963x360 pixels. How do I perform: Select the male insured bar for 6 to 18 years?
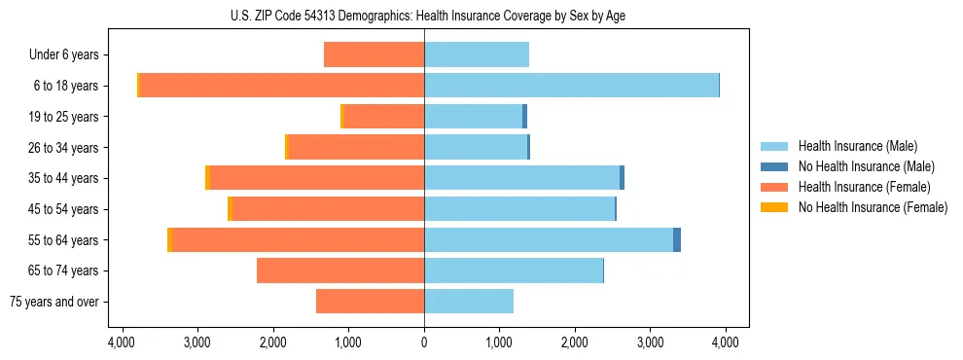(571, 86)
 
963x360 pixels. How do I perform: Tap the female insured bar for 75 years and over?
(370, 302)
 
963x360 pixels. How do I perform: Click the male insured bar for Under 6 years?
(477, 54)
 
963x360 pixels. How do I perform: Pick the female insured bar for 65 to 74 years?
(340, 270)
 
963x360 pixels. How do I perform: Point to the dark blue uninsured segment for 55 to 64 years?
(677, 239)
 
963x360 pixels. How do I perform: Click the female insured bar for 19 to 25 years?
(384, 117)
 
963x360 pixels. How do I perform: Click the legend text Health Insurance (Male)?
(857, 146)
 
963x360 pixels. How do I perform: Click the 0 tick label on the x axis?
(424, 342)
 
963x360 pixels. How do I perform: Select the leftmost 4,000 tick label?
(122, 342)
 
